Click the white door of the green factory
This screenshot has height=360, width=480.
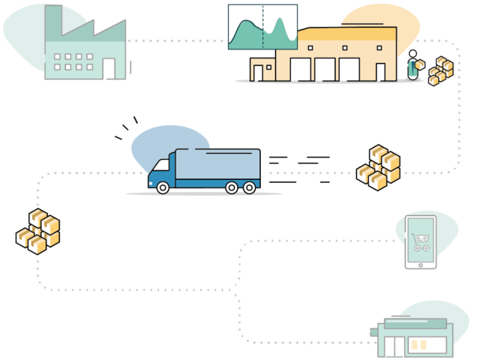(109, 68)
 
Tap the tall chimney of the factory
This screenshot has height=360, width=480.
(52, 22)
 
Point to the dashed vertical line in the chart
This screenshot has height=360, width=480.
(262, 27)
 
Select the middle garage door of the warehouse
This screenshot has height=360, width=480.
(325, 70)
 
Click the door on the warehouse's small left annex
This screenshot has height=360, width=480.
(258, 73)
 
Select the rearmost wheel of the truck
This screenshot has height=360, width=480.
(247, 187)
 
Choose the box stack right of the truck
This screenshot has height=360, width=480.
(378, 167)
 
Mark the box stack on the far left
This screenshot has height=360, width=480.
(37, 231)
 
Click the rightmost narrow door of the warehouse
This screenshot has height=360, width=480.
(380, 72)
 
